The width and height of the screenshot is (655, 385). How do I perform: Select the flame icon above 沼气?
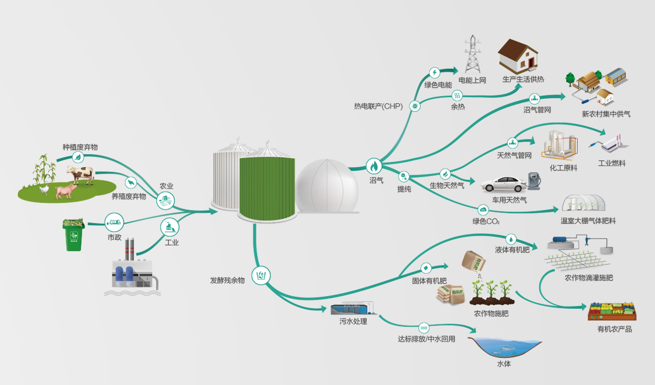click(x=374, y=166)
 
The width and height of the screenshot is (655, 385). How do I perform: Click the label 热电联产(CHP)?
click(x=378, y=106)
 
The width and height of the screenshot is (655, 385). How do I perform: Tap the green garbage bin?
click(x=73, y=235)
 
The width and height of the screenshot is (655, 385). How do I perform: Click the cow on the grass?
click(x=79, y=174)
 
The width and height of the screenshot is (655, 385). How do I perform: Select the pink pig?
click(x=66, y=191)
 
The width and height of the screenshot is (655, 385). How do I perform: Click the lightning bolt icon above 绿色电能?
click(x=435, y=73)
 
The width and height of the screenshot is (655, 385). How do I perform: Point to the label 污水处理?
click(x=353, y=321)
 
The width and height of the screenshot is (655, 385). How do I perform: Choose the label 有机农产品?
click(x=614, y=329)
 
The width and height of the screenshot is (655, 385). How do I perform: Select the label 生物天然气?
click(x=447, y=185)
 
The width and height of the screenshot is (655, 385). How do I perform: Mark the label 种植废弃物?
click(x=80, y=147)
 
